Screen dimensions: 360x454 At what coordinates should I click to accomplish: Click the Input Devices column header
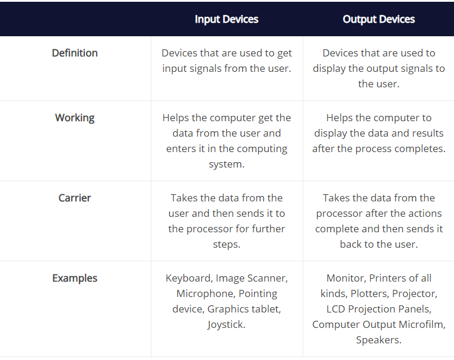pyautogui.click(x=226, y=19)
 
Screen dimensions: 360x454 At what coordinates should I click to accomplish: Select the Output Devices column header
pyautogui.click(x=379, y=19)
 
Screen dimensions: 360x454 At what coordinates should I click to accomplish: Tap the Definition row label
pyautogui.click(x=75, y=53)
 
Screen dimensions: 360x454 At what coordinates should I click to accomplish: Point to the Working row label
pyautogui.click(x=75, y=118)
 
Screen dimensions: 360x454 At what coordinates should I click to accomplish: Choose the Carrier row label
pyautogui.click(x=75, y=198)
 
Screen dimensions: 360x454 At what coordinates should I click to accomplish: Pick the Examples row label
pyautogui.click(x=75, y=278)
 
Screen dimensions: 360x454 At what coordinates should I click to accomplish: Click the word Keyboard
pyautogui.click(x=188, y=278)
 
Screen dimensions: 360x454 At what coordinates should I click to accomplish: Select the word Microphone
pyautogui.click(x=204, y=293)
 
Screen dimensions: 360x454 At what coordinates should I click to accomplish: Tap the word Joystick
pyautogui.click(x=226, y=324)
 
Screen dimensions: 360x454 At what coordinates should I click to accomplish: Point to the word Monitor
pyautogui.click(x=345, y=278)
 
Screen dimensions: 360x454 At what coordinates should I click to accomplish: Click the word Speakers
pyautogui.click(x=379, y=340)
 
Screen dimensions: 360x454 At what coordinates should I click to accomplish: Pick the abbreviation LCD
pyautogui.click(x=336, y=309)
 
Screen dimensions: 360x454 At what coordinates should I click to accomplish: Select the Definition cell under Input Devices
pyautogui.click(x=226, y=61)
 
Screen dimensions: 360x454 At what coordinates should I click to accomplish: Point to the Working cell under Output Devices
pyautogui.click(x=379, y=133)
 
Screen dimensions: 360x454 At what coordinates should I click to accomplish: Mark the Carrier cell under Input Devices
pyautogui.click(x=226, y=221)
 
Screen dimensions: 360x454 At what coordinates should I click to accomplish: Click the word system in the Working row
pyautogui.click(x=226, y=164)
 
